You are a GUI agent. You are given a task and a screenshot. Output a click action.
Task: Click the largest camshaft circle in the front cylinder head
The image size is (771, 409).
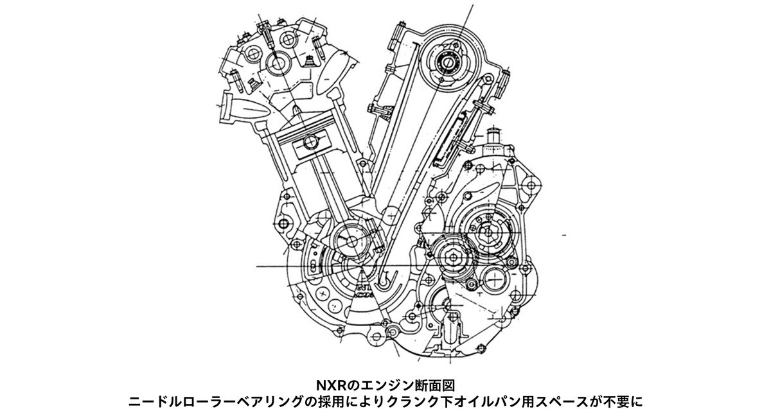click(279, 64)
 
